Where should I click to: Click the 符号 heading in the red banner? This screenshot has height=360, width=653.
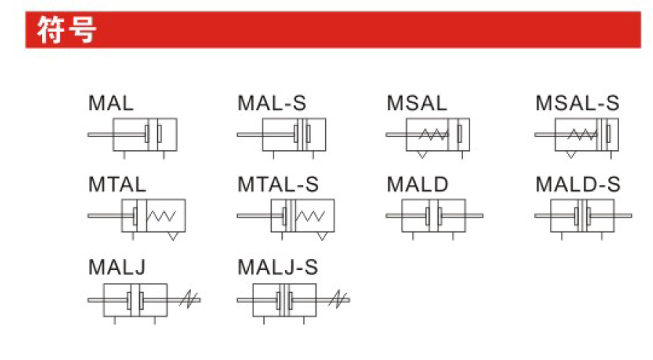click(x=67, y=29)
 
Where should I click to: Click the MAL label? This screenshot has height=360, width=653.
click(x=111, y=103)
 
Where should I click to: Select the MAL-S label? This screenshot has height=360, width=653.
click(x=272, y=103)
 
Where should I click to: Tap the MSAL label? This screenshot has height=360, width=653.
click(x=417, y=103)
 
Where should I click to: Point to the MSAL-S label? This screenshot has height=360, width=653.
click(x=577, y=103)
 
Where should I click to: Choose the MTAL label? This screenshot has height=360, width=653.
click(x=117, y=184)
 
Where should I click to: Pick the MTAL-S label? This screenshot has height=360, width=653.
click(x=278, y=184)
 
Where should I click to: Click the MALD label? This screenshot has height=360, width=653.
click(x=417, y=184)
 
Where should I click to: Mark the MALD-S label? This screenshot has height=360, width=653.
click(x=578, y=184)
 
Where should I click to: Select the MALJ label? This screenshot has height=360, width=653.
click(x=117, y=267)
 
